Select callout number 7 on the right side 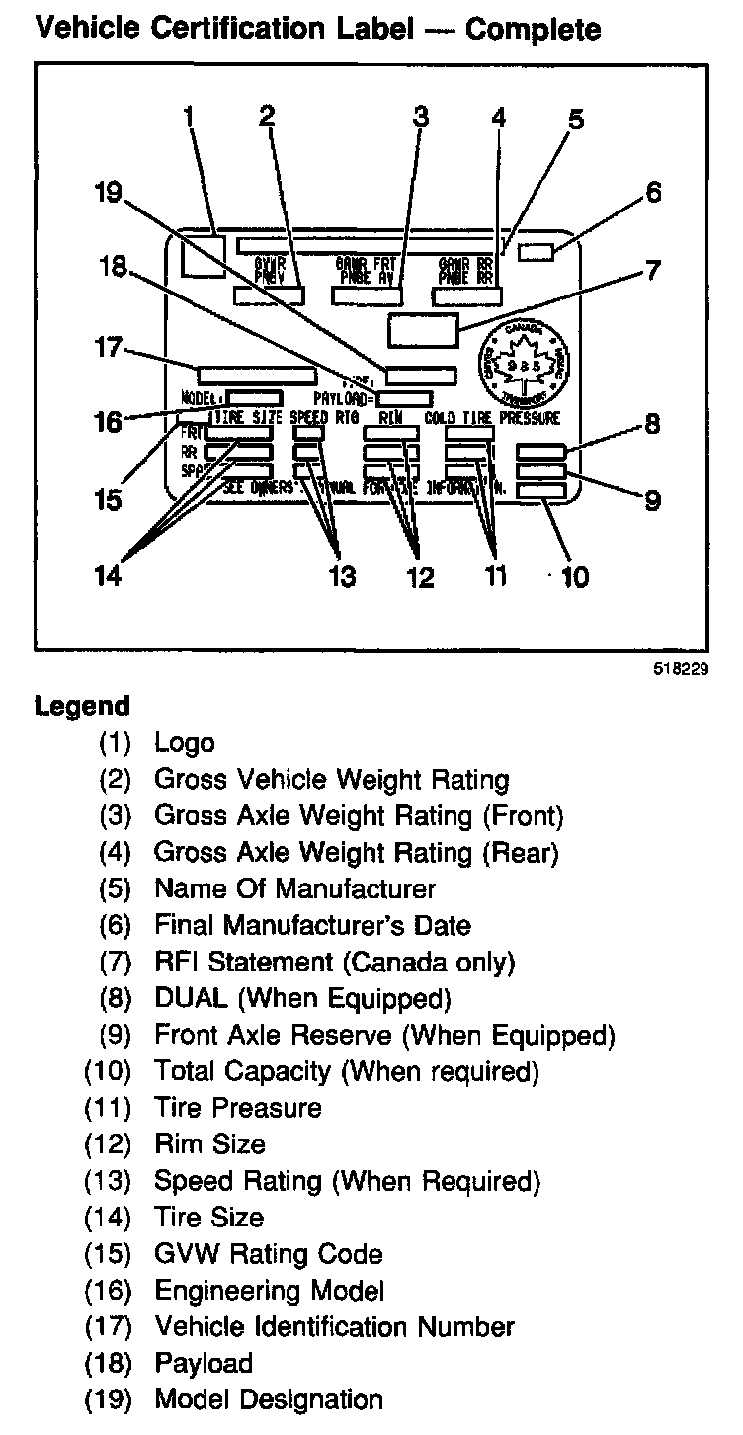[651, 269]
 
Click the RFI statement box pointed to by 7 [424, 329]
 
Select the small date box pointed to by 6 [537, 253]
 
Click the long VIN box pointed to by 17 [257, 375]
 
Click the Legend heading [82, 707]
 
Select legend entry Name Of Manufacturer [294, 888]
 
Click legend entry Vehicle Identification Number [334, 1326]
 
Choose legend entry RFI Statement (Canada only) [334, 962]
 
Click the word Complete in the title [533, 29]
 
